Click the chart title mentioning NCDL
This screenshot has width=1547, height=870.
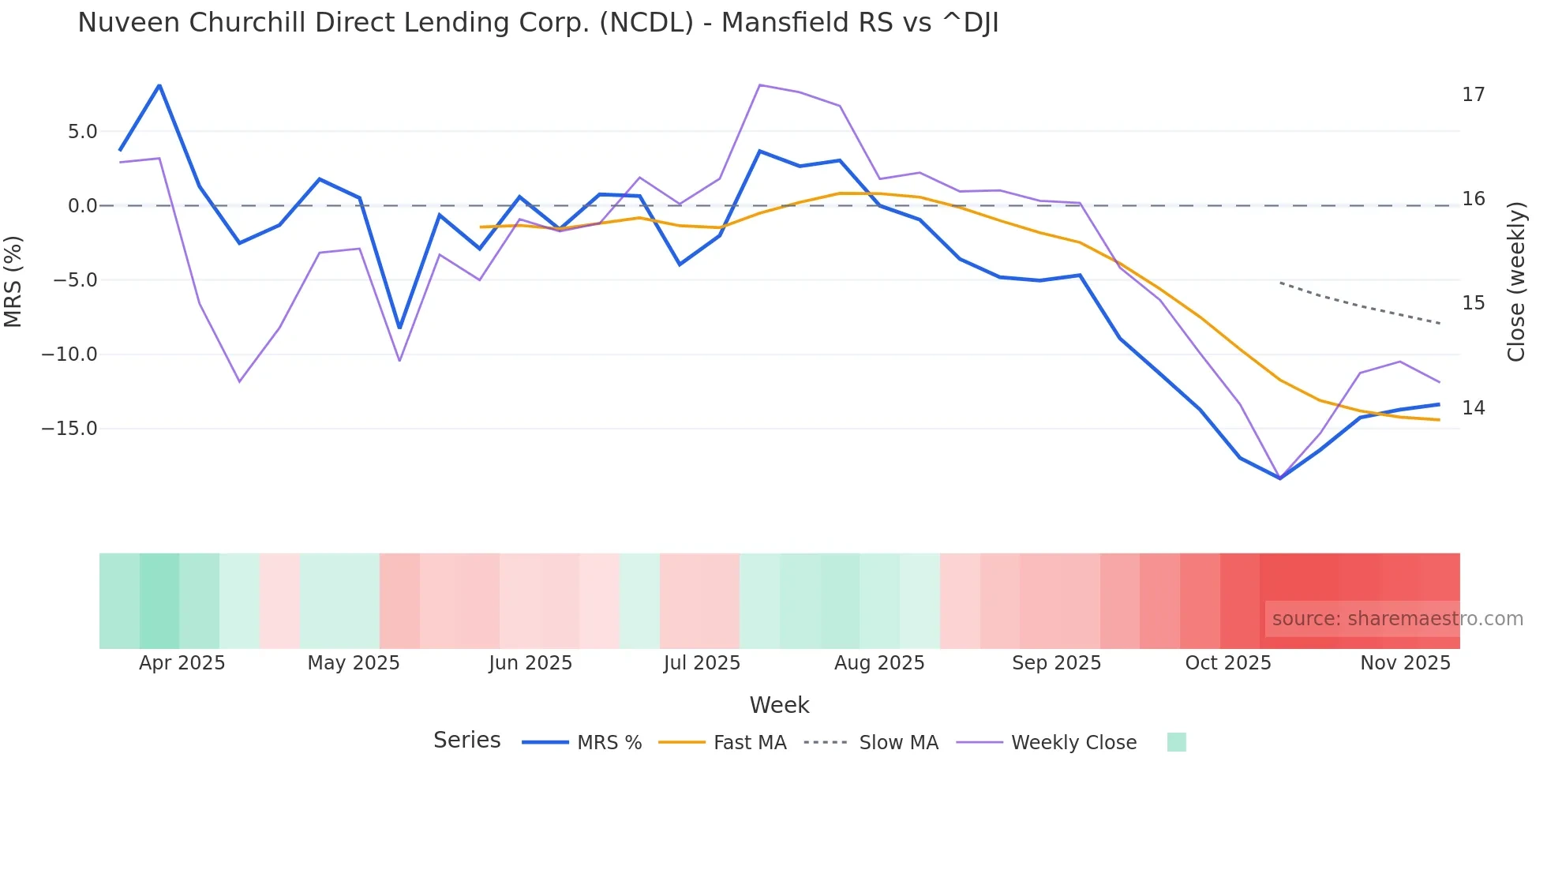click(538, 23)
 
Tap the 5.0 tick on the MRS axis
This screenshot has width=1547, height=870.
click(82, 132)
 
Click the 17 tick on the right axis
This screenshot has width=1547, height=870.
click(1473, 95)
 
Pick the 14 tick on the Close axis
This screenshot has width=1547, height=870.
click(1473, 408)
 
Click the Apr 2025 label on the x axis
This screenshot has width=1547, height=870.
click(182, 663)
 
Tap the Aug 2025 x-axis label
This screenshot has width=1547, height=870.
click(879, 663)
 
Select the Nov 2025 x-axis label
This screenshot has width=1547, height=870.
click(1405, 663)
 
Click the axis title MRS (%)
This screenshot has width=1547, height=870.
click(13, 281)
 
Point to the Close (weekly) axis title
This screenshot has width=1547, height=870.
click(1515, 282)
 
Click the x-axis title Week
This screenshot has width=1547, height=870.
click(779, 705)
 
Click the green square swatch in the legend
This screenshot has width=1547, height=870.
click(1176, 742)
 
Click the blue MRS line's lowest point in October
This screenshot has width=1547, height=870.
click(1280, 478)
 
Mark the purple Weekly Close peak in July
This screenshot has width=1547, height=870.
click(759, 84)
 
